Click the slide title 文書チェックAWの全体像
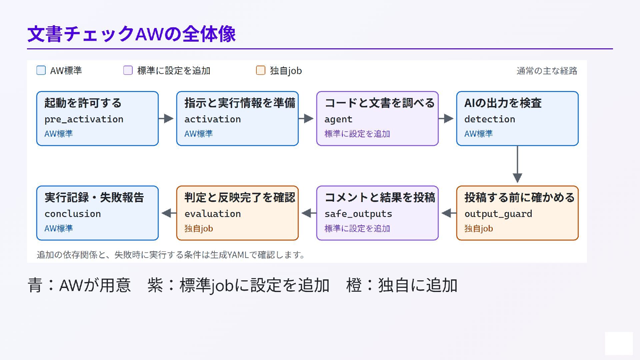(131, 34)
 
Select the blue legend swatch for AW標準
(41, 70)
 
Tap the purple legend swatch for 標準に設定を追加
(128, 70)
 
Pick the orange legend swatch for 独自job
(261, 70)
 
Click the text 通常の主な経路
(547, 71)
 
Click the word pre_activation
(84, 119)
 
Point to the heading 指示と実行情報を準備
(240, 103)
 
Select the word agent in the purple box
(338, 120)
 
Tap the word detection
(490, 119)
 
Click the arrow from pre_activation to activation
(166, 118)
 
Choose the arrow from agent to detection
(446, 118)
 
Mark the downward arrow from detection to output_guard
(517, 164)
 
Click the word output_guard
(498, 214)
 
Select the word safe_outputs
(358, 214)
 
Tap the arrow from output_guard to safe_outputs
(449, 213)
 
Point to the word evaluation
(213, 214)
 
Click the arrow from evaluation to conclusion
(169, 213)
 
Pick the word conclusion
(73, 214)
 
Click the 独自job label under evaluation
(199, 228)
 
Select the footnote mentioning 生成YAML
(171, 255)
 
